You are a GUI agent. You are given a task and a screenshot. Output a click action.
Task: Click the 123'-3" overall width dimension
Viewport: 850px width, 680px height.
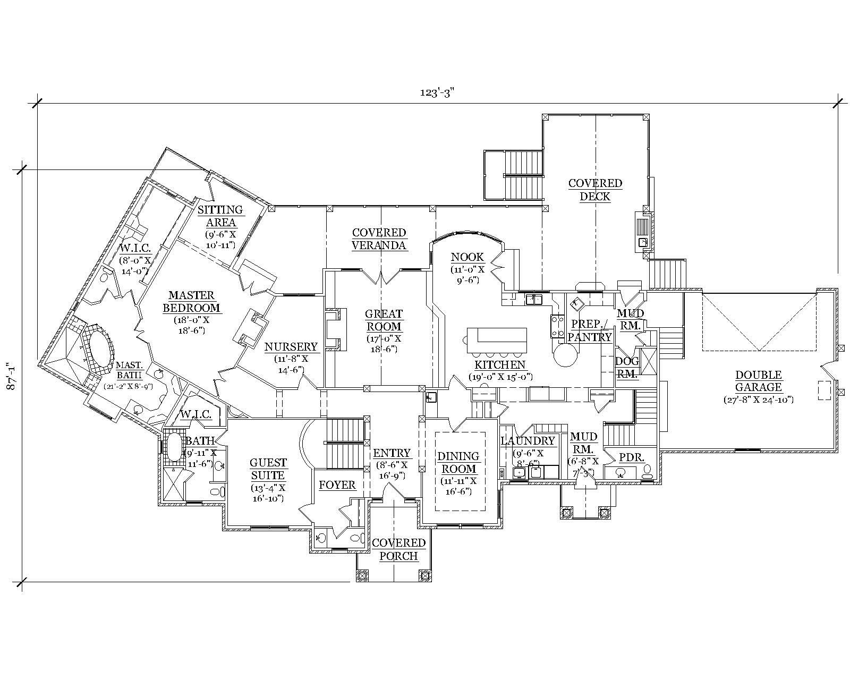[437, 92]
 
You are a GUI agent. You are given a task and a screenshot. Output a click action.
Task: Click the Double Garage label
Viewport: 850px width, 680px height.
[758, 381]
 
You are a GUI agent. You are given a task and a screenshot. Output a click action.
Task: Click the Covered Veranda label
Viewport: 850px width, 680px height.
[379, 239]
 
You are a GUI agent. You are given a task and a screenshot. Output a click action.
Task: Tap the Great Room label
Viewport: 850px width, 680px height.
[384, 320]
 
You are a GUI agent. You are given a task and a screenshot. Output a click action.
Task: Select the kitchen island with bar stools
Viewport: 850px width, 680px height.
[497, 340]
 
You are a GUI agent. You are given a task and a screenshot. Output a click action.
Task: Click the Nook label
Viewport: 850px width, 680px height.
[467, 258]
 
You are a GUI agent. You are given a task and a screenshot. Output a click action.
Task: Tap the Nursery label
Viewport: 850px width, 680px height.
[291, 347]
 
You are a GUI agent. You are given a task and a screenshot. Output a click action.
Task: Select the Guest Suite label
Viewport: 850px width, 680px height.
[268, 469]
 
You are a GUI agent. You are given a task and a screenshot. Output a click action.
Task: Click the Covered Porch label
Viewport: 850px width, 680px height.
[398, 549]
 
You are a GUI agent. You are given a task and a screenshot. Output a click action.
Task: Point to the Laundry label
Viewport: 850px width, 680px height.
[528, 440]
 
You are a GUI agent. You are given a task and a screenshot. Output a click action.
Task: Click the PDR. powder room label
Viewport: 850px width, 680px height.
[632, 457]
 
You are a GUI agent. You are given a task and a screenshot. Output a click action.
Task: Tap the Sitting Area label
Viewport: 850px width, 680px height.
[220, 216]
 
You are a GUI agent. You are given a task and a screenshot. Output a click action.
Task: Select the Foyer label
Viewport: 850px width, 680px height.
[337, 485]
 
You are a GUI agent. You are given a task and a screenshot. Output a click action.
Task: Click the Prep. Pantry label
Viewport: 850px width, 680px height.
[590, 330]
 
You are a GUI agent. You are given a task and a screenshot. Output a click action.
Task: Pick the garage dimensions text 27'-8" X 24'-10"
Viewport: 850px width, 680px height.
[758, 399]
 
